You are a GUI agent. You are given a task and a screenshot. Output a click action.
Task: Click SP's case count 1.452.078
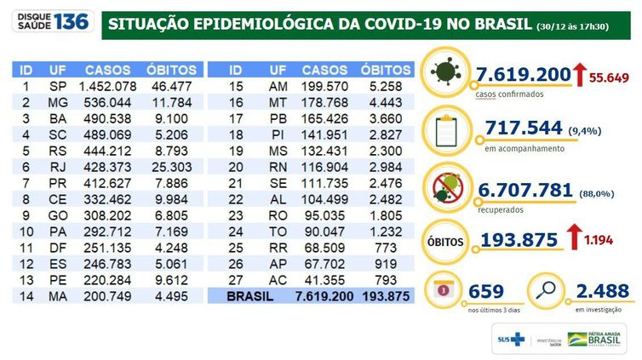tap(106, 87)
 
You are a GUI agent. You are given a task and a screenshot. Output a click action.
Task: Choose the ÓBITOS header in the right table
tap(386, 70)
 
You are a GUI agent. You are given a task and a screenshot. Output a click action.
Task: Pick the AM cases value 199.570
tap(325, 87)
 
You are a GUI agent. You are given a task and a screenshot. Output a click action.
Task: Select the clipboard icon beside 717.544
tap(448, 131)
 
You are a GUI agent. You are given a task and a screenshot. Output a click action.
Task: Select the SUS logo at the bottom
tap(511, 340)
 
